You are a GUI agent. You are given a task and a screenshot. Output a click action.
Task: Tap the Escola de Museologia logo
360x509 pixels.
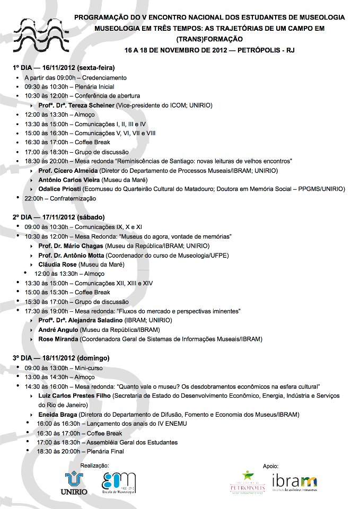119,483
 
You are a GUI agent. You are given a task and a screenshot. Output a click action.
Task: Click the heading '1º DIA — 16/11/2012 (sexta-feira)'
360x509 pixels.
64,68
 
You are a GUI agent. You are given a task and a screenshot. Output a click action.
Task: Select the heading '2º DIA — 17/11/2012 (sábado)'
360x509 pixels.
58,217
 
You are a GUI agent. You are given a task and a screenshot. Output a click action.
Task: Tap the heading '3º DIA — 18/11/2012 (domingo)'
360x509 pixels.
61,358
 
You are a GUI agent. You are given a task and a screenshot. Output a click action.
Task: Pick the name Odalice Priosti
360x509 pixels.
59,189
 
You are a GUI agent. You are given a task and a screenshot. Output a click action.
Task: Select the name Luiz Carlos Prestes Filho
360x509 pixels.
75,396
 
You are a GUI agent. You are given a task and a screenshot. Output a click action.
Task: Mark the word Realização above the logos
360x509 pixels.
95,465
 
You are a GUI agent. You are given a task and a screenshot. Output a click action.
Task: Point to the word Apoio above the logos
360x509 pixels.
271,466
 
